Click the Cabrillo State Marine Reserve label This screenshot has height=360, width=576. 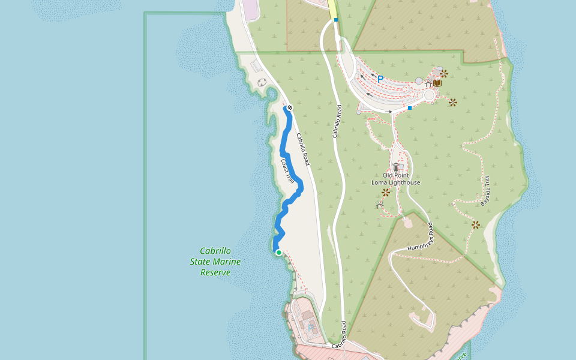tap(215, 262)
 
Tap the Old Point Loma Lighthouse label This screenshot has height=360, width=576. tap(395, 178)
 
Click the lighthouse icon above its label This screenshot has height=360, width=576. tap(396, 166)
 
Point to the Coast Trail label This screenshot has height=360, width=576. tap(288, 172)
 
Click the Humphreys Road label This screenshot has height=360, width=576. tap(421, 238)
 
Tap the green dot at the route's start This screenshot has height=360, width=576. tap(279, 253)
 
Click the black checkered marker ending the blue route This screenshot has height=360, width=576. tap(289, 107)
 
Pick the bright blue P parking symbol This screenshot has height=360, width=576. tap(380, 79)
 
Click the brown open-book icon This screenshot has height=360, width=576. tap(437, 83)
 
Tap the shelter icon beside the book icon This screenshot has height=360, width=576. tap(428, 85)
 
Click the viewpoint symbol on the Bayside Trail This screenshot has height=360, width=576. tap(475, 225)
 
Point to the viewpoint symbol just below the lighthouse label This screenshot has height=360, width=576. tap(385, 193)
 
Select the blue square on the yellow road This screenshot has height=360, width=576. tap(336, 20)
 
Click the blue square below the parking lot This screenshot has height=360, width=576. tap(410, 108)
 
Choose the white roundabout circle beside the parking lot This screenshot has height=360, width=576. tap(429, 95)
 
